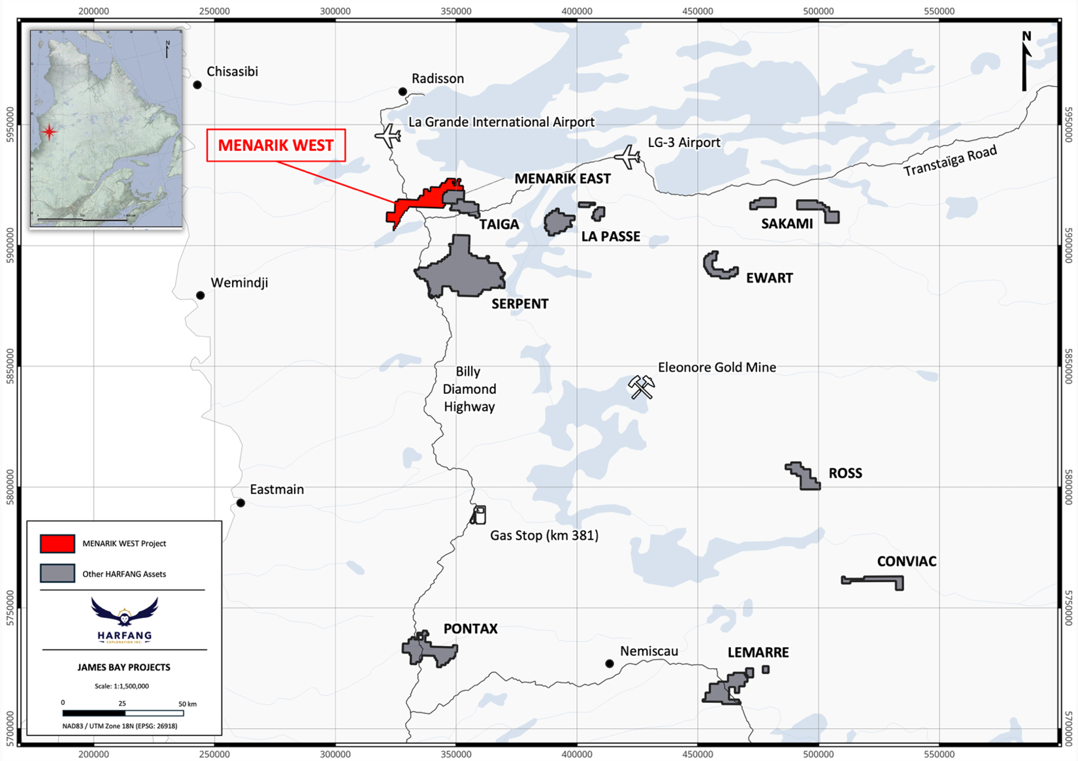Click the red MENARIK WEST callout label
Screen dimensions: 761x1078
276,146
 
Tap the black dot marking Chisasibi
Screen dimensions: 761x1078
197,85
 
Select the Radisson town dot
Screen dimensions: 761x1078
402,92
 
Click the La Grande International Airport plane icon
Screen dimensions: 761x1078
388,136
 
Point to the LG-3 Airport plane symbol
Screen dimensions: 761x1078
628,157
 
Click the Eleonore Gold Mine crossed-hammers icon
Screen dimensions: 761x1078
641,387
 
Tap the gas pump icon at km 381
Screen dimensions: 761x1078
479,515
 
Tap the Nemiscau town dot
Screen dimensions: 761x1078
610,664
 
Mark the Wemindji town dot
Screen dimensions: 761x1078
201,296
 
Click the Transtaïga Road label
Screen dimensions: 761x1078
950,161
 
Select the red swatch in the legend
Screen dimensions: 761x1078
57,543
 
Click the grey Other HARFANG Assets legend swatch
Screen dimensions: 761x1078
57,574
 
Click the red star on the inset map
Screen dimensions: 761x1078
49,132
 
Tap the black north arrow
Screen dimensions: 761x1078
1025,61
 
